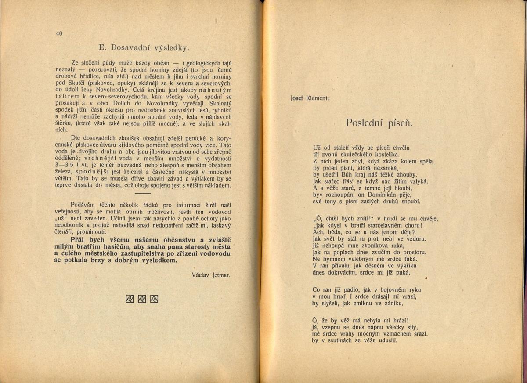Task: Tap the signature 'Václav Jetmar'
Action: [211, 275]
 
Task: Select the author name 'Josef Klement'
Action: [310, 98]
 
